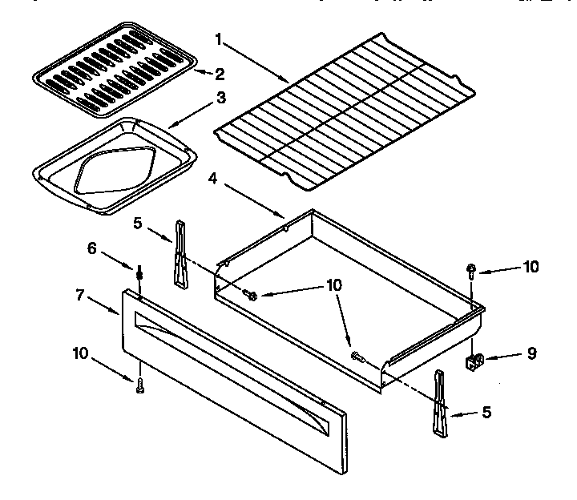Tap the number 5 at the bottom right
[x=486, y=413]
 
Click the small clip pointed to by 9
[x=475, y=361]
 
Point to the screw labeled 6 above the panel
[x=140, y=274]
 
